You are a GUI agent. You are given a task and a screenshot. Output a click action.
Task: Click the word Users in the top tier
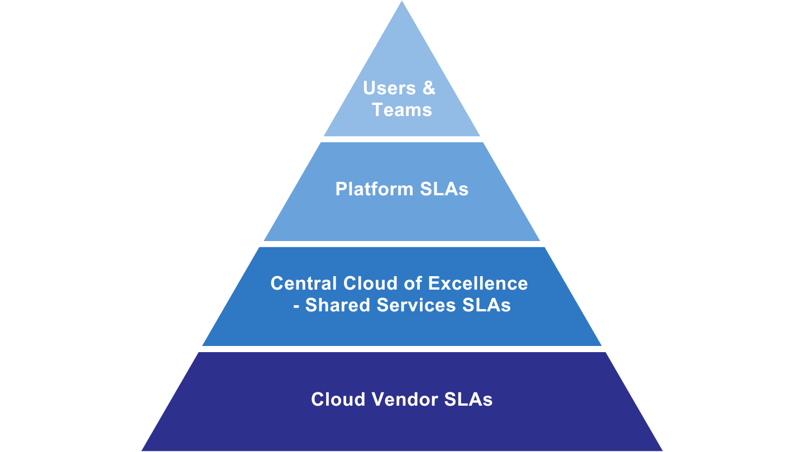click(390, 88)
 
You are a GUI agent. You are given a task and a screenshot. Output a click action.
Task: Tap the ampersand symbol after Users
click(429, 88)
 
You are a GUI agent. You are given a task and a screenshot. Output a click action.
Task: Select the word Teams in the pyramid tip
click(402, 110)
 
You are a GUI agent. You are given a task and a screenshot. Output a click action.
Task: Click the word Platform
click(367, 190)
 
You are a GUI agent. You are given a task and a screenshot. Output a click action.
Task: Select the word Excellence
click(478, 283)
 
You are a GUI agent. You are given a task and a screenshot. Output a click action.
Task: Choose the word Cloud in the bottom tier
click(337, 400)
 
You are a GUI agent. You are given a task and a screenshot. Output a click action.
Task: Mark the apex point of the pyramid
click(402, 2)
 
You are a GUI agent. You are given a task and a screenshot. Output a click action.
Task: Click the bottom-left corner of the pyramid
click(142, 450)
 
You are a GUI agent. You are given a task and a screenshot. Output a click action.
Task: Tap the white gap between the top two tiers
click(402, 139)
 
